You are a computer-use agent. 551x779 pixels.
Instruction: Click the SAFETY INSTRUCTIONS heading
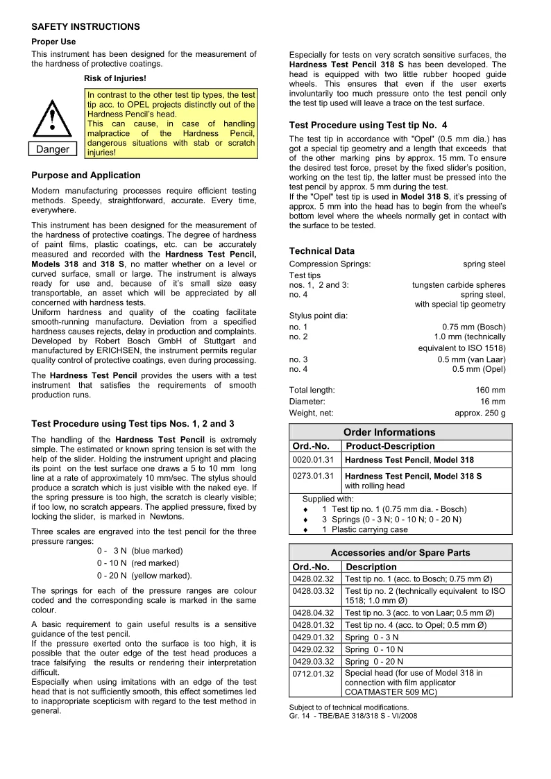tap(86, 26)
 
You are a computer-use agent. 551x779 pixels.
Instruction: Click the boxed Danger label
tap(53, 150)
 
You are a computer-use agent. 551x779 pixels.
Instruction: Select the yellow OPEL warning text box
tap(171, 123)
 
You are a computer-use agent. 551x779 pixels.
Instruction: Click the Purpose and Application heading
tap(86, 176)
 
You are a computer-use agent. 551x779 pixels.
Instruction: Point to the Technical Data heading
tap(321, 251)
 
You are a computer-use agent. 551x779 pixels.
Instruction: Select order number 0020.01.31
tap(314, 459)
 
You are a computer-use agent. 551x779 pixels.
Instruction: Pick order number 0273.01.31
tap(314, 476)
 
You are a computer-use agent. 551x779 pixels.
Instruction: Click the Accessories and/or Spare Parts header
tap(400, 553)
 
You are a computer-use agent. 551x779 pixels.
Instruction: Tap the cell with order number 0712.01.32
tap(314, 674)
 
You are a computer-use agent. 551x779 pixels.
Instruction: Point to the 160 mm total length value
tap(490, 390)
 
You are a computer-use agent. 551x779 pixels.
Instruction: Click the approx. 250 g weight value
tap(480, 413)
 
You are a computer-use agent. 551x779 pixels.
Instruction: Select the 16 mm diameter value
tap(493, 401)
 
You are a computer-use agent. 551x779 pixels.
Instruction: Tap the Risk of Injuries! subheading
tap(115, 78)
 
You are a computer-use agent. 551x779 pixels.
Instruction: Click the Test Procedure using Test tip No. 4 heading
tap(363, 126)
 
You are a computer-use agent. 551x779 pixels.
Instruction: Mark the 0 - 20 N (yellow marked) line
tap(144, 575)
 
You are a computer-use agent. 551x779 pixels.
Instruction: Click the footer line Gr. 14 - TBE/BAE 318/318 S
tap(353, 716)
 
